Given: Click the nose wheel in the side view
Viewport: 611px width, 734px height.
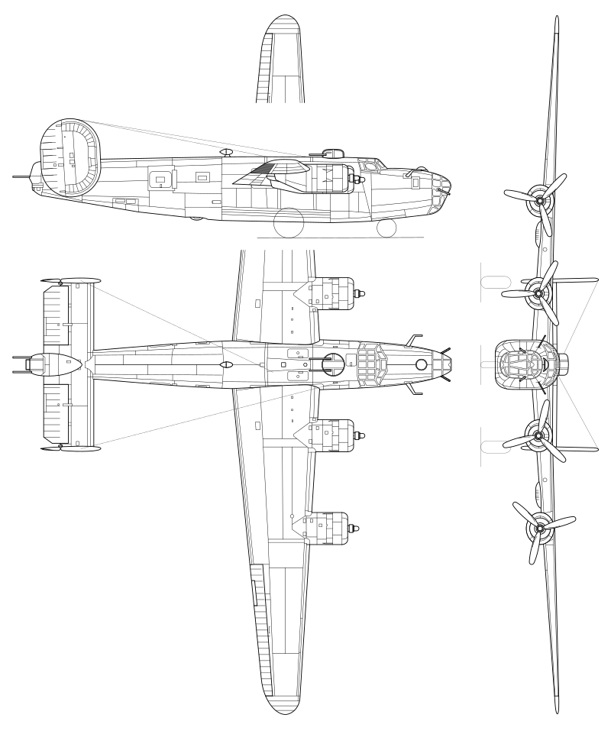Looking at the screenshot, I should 386,227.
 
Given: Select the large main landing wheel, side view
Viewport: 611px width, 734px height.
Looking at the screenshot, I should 291,223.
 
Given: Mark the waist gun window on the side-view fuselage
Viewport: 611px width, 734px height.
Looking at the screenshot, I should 160,179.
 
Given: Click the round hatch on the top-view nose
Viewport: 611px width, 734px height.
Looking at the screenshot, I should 421,365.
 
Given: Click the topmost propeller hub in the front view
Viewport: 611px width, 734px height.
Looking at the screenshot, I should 540,201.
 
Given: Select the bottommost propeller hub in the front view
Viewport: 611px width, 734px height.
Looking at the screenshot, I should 541,528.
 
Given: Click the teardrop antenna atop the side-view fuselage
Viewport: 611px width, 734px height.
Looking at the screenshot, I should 226,153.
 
